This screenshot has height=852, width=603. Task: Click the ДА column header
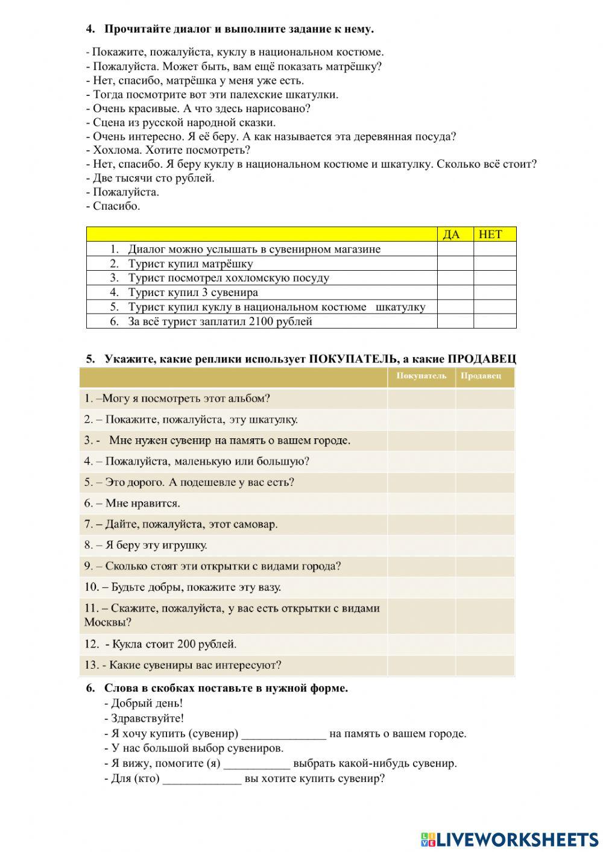click(451, 235)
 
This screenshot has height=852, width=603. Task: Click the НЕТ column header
click(490, 235)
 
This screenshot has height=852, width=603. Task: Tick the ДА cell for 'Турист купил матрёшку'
click(455, 263)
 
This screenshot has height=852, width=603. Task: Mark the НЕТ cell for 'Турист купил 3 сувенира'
click(495, 292)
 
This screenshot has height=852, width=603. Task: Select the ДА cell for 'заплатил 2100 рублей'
click(455, 321)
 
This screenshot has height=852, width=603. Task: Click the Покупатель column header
click(421, 376)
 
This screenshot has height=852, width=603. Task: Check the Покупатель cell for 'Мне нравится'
click(421, 503)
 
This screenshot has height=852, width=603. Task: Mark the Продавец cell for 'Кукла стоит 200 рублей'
click(485, 644)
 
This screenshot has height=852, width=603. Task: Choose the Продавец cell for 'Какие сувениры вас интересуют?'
click(485, 665)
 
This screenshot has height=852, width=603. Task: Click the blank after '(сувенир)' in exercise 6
click(283, 734)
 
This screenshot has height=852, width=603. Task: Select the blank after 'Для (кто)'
click(202, 779)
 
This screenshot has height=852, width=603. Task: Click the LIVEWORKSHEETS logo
click(510, 839)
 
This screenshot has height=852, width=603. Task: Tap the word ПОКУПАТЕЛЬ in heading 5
click(353, 359)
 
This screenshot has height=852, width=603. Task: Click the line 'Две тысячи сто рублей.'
click(153, 178)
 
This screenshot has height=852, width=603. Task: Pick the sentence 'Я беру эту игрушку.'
click(156, 545)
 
